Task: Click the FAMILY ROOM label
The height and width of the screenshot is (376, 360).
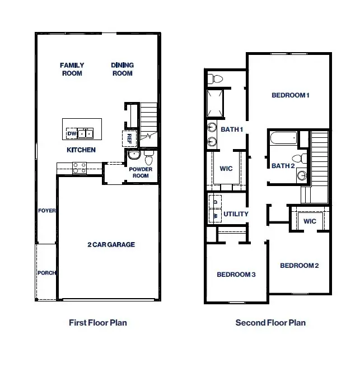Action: click(72, 69)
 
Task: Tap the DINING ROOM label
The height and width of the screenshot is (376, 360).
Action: click(122, 69)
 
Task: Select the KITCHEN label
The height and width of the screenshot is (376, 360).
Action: click(81, 150)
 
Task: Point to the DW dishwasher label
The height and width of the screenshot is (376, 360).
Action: click(71, 133)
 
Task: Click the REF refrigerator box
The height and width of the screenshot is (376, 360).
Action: click(129, 138)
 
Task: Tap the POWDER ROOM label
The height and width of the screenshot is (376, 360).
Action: click(141, 173)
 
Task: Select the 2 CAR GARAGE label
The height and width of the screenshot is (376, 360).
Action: click(111, 244)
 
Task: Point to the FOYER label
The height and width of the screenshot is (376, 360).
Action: click(46, 211)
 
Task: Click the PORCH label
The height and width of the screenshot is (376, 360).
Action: click(46, 273)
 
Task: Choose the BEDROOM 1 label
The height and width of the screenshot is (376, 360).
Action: click(290, 95)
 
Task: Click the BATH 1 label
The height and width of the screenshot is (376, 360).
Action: click(231, 129)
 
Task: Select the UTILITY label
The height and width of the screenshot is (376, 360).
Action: click(236, 214)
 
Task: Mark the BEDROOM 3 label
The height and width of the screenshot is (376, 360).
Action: click(236, 275)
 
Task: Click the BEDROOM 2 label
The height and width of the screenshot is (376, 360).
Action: click(299, 266)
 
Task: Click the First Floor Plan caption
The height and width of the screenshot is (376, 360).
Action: click(98, 323)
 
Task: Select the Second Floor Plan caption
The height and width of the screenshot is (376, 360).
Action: click(270, 323)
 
